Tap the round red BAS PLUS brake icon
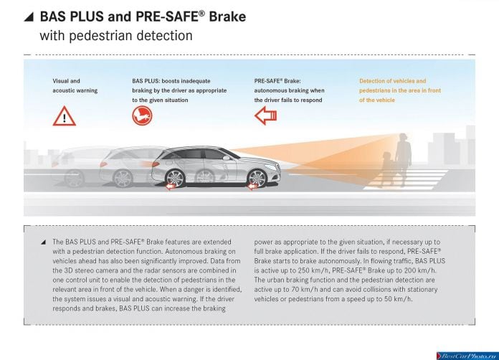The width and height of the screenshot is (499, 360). point(142,115)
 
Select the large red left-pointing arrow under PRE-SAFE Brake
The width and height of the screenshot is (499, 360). point(266,115)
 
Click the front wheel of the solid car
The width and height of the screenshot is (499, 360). point(257,179)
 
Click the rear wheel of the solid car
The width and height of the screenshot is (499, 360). point(175,179)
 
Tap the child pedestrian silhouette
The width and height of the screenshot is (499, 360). point(386,169)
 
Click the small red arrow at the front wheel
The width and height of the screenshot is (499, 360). point(252,186)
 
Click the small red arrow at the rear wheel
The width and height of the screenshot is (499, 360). point(170,186)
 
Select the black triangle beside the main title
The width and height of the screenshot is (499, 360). point(30,17)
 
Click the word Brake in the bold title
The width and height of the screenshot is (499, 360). point(227,16)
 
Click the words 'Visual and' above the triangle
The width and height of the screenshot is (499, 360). point(66,81)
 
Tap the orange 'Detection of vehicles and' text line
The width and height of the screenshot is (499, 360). point(392,81)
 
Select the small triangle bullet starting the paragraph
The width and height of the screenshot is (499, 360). point(43,242)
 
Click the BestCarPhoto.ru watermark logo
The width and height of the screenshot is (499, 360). point(467,356)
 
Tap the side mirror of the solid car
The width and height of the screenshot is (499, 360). point(227,158)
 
